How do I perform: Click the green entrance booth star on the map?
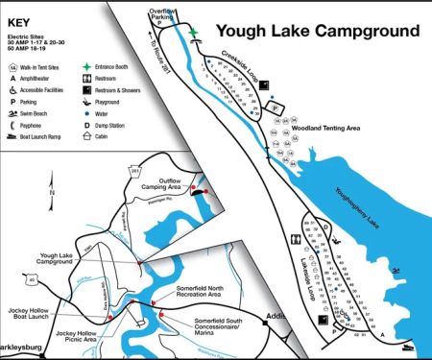(x=194, y=32)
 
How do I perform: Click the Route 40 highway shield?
(x=33, y=280)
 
